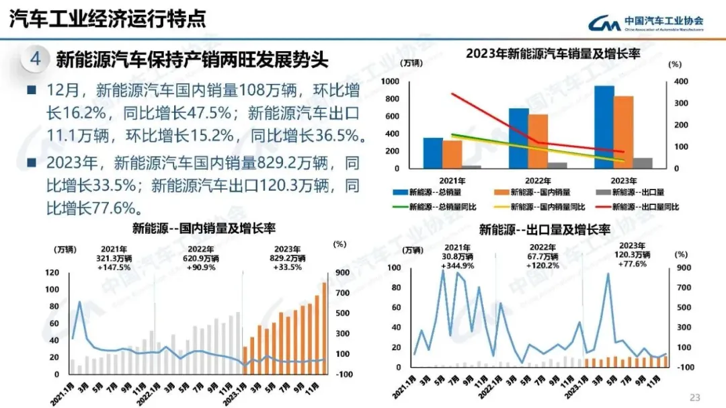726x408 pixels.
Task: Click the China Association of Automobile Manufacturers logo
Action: (x=646, y=23)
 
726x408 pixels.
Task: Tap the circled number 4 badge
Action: (x=36, y=60)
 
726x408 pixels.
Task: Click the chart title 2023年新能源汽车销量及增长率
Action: (x=553, y=54)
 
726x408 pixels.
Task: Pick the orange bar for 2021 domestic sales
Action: (x=452, y=154)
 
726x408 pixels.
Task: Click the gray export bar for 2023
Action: (x=643, y=163)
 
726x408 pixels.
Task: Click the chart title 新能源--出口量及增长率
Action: (x=544, y=230)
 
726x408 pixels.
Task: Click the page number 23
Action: (x=695, y=396)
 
